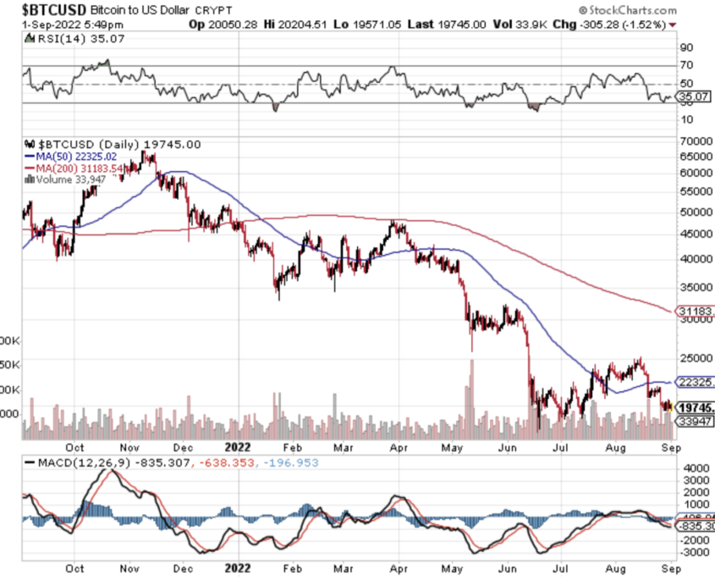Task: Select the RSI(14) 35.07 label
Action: click(70, 37)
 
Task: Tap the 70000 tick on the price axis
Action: click(696, 141)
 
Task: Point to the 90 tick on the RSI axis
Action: click(686, 48)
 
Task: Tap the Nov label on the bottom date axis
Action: click(129, 449)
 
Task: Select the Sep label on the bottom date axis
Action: click(668, 449)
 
